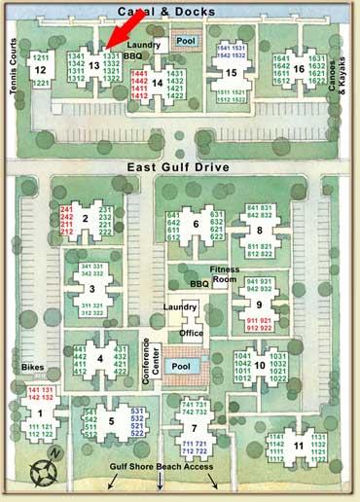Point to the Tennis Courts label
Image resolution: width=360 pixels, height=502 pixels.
14,63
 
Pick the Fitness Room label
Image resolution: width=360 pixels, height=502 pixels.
225,275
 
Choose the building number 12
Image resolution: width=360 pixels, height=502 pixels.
40,71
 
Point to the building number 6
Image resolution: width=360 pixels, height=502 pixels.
197,225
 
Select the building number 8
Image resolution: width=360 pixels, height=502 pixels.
260,231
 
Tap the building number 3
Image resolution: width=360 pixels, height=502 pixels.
90,288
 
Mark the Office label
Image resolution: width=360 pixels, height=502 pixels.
192,333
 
